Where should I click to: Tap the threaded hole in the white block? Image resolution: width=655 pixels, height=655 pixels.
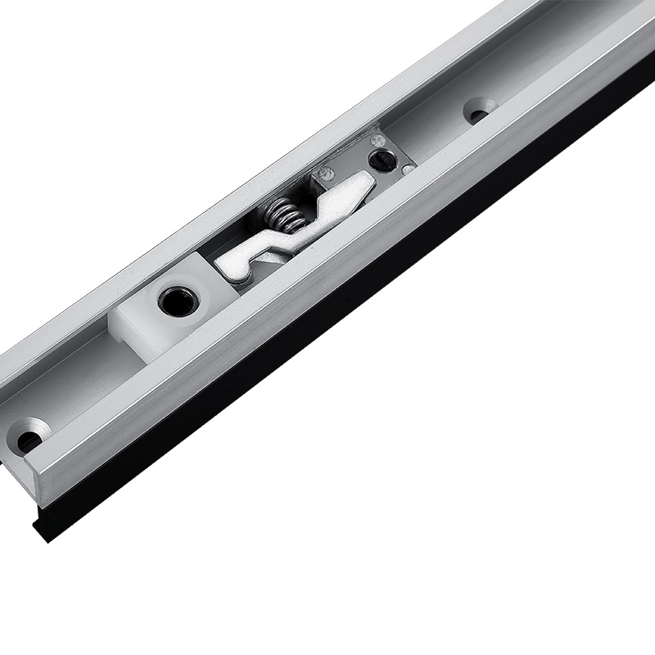coord(177,301)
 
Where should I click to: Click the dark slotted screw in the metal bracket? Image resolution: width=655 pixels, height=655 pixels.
coord(382,160)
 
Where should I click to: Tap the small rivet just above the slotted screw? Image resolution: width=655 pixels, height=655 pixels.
coord(377,141)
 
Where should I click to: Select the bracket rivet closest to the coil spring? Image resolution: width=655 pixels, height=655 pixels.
coord(325,174)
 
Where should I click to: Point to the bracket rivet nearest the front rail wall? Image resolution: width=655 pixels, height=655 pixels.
coord(407,170)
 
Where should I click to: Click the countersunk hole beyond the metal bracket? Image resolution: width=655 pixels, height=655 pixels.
coord(477,111)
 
